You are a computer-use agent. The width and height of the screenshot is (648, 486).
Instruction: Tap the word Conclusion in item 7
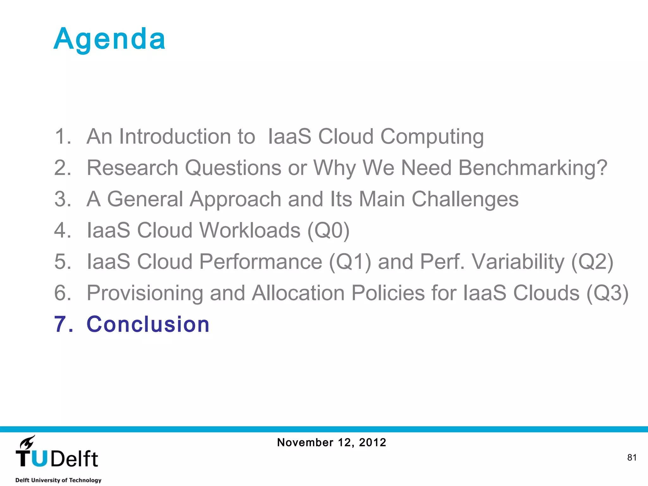coord(148,324)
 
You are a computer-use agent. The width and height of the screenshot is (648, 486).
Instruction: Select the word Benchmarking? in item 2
coord(533,168)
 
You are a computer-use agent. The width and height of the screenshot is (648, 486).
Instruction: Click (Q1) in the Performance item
coord(350,262)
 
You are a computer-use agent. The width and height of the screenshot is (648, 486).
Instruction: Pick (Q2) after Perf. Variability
coord(592,262)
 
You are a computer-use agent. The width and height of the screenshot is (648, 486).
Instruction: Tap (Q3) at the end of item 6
coord(607,293)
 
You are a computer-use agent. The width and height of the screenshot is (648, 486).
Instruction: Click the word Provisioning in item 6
coord(145,293)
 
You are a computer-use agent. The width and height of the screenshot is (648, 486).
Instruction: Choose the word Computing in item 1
coord(432,137)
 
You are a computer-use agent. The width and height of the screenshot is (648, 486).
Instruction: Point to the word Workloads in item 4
coord(250,230)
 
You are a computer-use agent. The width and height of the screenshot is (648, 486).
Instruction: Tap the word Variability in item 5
coord(518,262)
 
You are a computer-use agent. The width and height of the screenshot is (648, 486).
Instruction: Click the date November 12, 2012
coord(331,442)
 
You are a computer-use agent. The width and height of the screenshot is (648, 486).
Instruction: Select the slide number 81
coord(632,458)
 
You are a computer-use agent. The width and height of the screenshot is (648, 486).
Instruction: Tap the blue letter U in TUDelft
coord(40,459)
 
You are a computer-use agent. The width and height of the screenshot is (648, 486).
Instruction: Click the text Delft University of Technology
coord(58,480)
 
